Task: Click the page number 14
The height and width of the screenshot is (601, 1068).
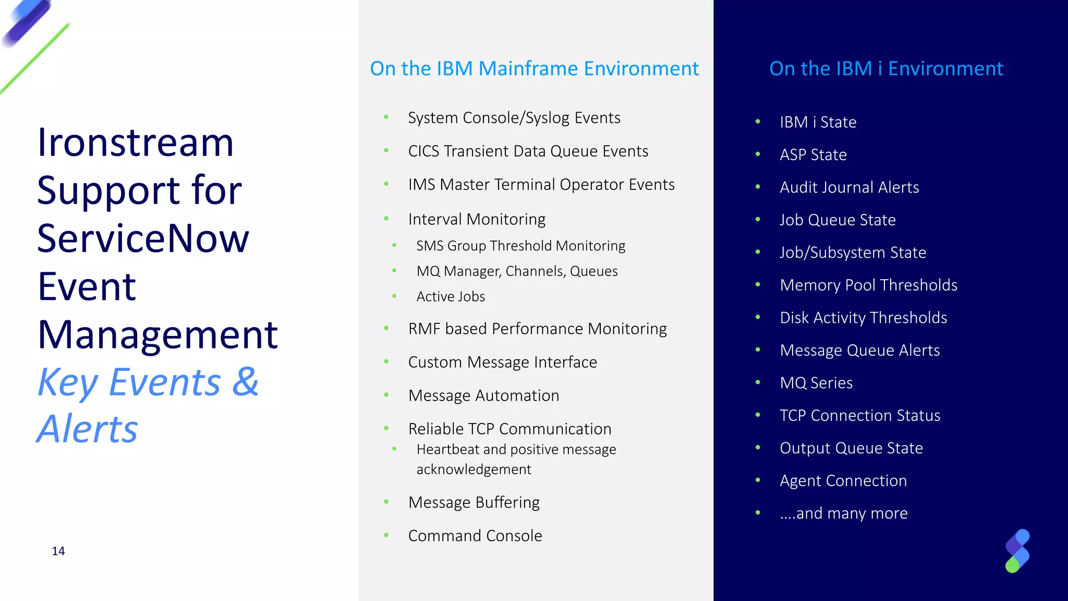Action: [58, 551]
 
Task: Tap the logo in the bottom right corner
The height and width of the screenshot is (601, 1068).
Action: [1017, 551]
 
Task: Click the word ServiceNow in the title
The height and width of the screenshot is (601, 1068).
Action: [143, 238]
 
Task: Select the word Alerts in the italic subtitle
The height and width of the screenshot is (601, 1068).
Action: [88, 429]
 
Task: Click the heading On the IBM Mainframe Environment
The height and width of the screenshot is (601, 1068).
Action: [534, 69]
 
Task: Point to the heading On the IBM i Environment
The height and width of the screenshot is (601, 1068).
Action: [886, 69]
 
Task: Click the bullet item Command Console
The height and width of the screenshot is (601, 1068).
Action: [475, 536]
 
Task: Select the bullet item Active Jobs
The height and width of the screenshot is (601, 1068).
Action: [451, 296]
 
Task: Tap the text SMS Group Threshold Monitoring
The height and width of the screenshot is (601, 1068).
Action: [520, 246]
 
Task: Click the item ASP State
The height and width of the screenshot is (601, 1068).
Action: [813, 155]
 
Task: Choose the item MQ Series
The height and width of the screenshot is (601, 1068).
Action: [816, 383]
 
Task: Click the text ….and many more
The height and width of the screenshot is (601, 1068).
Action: [843, 513]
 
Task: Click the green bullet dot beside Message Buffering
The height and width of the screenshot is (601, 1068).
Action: [386, 502]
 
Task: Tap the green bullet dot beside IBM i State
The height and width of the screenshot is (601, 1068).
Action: [758, 122]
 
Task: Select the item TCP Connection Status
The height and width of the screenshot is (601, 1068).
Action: [860, 416]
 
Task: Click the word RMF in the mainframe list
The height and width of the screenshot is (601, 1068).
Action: [424, 329]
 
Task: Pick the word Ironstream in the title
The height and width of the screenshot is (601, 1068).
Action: [136, 142]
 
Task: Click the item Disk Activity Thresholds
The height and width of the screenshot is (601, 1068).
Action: [863, 318]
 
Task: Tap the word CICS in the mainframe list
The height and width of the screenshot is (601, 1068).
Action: [424, 151]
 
